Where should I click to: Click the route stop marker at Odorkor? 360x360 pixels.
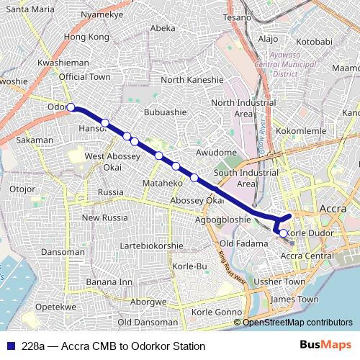pyautogui.click(x=71, y=107)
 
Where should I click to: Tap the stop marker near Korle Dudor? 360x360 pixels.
pyautogui.click(x=283, y=233)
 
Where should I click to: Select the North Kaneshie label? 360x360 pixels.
pyautogui.click(x=192, y=80)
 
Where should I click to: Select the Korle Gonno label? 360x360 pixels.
pyautogui.click(x=217, y=312)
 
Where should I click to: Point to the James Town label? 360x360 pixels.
pyautogui.click(x=295, y=299)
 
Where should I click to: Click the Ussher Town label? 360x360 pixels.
pyautogui.click(x=282, y=282)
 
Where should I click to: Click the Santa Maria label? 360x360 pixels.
pyautogui.click(x=30, y=9)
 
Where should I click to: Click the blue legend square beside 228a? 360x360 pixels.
pyautogui.click(x=9, y=346)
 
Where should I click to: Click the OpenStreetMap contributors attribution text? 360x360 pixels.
pyautogui.click(x=297, y=323)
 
